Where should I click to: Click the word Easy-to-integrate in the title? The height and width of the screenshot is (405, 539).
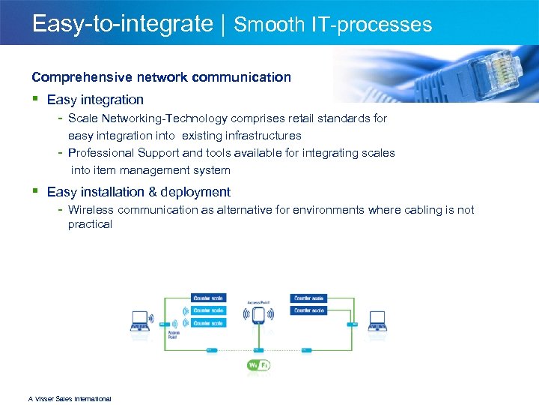[x=122, y=24]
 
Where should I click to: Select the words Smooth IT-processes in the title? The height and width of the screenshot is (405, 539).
[x=333, y=25]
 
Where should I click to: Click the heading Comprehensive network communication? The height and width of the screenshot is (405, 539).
[x=161, y=76]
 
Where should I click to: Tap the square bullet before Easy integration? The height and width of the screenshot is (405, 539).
[x=35, y=99]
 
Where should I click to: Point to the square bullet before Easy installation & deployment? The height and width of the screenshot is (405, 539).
[x=35, y=192]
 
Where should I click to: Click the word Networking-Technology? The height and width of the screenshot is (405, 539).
[x=178, y=118]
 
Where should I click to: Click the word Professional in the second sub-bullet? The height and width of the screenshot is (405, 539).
[x=101, y=153]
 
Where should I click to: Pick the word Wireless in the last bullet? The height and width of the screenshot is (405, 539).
[x=91, y=210]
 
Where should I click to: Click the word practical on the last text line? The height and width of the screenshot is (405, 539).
[x=90, y=224]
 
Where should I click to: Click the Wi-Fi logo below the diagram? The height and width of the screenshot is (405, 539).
[x=258, y=365]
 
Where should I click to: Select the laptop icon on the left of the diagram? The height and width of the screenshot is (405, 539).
[x=139, y=321]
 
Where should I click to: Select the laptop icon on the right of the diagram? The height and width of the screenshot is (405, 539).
[x=377, y=321]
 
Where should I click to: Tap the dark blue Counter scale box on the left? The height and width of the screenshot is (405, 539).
[x=208, y=298]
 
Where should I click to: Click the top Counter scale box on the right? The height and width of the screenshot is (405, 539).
[x=308, y=298]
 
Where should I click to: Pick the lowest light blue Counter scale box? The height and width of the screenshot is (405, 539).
[x=208, y=323]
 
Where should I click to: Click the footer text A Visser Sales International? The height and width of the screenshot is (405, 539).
[x=70, y=399]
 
